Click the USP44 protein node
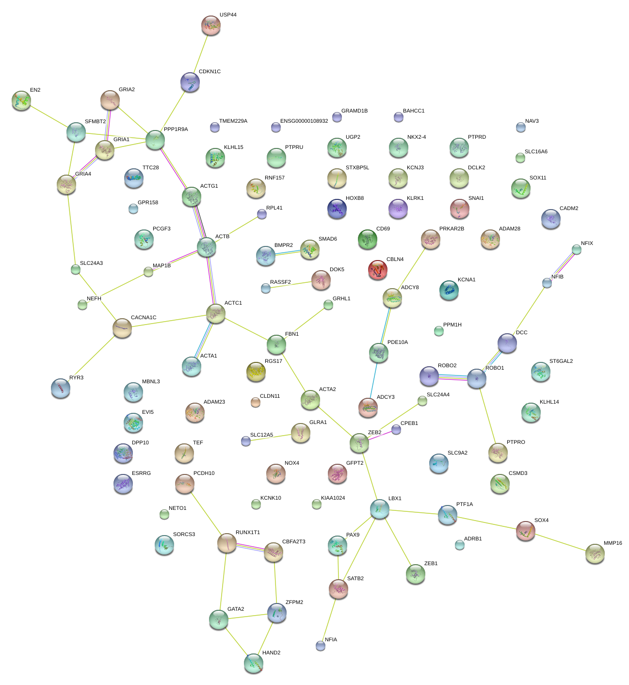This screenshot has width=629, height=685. (x=211, y=25)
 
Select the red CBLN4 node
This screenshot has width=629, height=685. (x=378, y=270)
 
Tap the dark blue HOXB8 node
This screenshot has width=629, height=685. (x=337, y=209)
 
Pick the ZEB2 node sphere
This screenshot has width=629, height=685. (x=359, y=442)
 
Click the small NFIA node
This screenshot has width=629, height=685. (x=321, y=645)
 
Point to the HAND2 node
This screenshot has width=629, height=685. (x=254, y=663)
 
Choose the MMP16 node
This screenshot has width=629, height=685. (x=595, y=554)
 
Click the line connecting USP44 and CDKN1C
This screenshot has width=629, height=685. (x=200, y=54)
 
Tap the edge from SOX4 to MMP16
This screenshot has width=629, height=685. (x=560, y=542)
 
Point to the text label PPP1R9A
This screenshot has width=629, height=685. (x=176, y=130)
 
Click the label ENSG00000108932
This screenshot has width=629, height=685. (x=304, y=121)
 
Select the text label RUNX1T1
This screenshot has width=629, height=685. (x=248, y=533)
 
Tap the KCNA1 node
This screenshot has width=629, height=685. (x=449, y=290)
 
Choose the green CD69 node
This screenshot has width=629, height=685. (x=368, y=239)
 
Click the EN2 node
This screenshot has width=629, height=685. (x=21, y=100)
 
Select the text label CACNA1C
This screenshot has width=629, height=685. (x=144, y=318)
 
